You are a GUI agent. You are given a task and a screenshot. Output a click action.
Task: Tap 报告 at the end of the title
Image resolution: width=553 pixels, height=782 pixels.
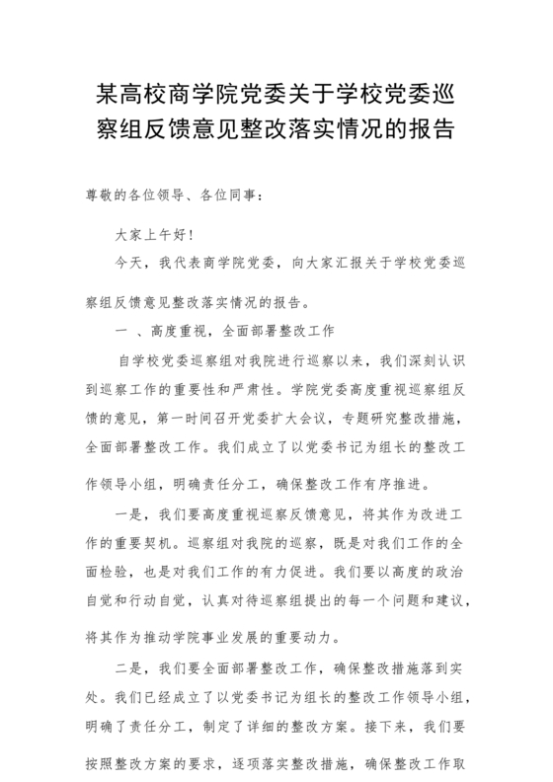pos(434,129)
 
